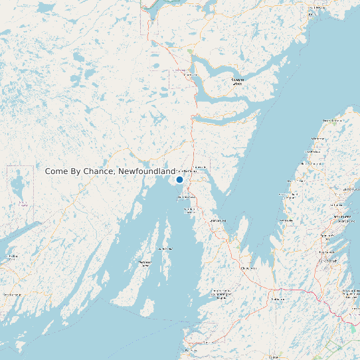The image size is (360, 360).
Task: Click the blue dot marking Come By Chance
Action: pos(179,179)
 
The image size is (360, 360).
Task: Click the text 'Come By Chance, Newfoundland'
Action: pos(110,171)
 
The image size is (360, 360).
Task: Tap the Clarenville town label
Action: pos(190,75)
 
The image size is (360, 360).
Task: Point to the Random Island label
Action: pos(237,82)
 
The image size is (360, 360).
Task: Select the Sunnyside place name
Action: pos(200,167)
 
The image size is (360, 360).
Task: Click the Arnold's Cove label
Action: pos(185,197)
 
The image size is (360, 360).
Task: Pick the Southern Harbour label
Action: pos(190,211)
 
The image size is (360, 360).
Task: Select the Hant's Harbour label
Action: pos(318,138)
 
